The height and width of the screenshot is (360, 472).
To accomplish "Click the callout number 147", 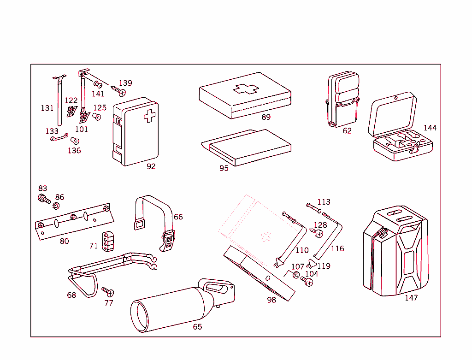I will (411, 298).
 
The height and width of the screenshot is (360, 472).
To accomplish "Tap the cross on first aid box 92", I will (149, 116).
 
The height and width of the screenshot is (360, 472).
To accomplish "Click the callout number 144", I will (430, 128).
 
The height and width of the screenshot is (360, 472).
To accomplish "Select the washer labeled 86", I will (56, 205).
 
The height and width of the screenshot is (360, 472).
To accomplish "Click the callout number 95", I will (224, 168).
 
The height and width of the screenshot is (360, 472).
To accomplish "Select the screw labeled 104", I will (307, 281).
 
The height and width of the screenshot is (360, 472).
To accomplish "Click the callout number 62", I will (347, 131).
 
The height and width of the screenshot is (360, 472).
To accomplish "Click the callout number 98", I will (271, 300).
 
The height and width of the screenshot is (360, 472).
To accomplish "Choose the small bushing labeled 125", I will (97, 116).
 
